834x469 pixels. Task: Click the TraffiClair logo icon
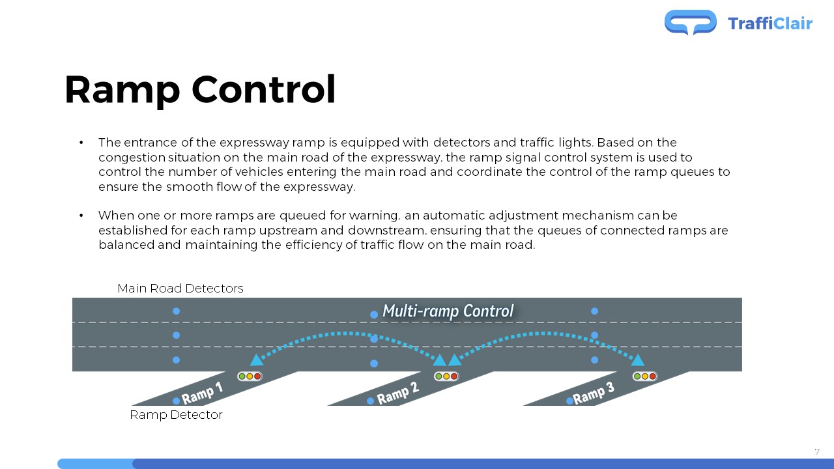(x=690, y=22)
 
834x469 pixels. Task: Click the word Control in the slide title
(x=264, y=90)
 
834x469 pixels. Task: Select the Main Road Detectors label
(x=180, y=288)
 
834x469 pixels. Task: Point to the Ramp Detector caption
(x=176, y=415)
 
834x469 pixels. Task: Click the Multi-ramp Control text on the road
(x=448, y=311)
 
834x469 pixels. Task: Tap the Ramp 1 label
(x=202, y=393)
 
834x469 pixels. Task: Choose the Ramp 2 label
(x=398, y=393)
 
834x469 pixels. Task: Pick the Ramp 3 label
(x=594, y=393)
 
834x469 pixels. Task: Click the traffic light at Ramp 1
(x=250, y=377)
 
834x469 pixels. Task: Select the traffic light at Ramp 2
(x=446, y=377)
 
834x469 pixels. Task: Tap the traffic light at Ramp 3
(x=645, y=377)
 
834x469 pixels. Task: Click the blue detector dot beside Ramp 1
(x=177, y=401)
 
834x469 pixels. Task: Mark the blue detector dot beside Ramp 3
(x=569, y=401)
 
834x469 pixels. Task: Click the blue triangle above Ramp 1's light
(x=256, y=360)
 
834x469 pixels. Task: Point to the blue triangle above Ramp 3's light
(x=638, y=360)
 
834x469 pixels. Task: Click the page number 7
(x=817, y=452)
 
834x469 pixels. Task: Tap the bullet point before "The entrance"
(x=81, y=143)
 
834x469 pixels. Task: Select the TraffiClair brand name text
(x=770, y=23)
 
